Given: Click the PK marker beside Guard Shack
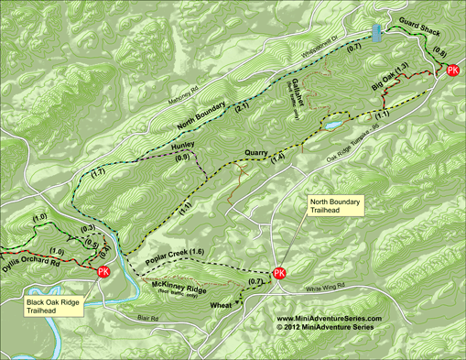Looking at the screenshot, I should point(452,74).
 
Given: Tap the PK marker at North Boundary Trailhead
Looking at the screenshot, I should point(279,273).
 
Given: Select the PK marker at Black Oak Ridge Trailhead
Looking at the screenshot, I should point(103,272).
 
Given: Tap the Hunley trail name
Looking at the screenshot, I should point(183,146).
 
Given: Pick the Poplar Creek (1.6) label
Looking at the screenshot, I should point(174,252).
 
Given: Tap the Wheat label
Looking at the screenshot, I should point(222,303).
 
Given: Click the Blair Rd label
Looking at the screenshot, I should point(148,319).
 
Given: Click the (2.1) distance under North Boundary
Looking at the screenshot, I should point(242,108).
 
